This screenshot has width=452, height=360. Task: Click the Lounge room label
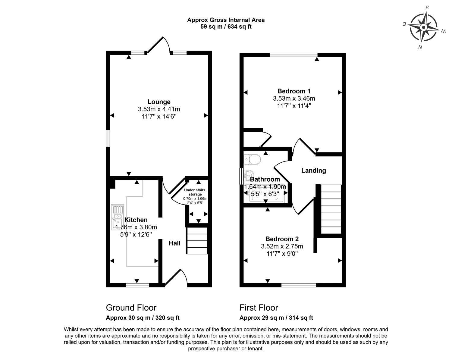(x=159, y=102)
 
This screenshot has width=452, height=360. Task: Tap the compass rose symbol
(x=424, y=27)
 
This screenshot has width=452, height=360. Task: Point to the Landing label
(x=313, y=171)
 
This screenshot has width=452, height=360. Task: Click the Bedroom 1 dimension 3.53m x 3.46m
(x=294, y=99)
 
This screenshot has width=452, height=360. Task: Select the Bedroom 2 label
(x=282, y=239)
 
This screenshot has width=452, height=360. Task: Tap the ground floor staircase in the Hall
(x=197, y=241)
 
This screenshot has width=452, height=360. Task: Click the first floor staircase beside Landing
(x=331, y=209)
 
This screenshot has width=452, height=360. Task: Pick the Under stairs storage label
(x=195, y=192)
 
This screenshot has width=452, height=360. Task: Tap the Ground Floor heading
(x=131, y=308)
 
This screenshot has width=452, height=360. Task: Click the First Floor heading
(x=259, y=308)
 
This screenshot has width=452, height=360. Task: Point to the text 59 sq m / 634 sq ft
(x=226, y=27)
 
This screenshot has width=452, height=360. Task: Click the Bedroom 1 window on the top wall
(x=293, y=55)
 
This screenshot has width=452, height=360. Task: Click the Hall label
(x=174, y=243)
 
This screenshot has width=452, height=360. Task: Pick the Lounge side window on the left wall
(x=108, y=139)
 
